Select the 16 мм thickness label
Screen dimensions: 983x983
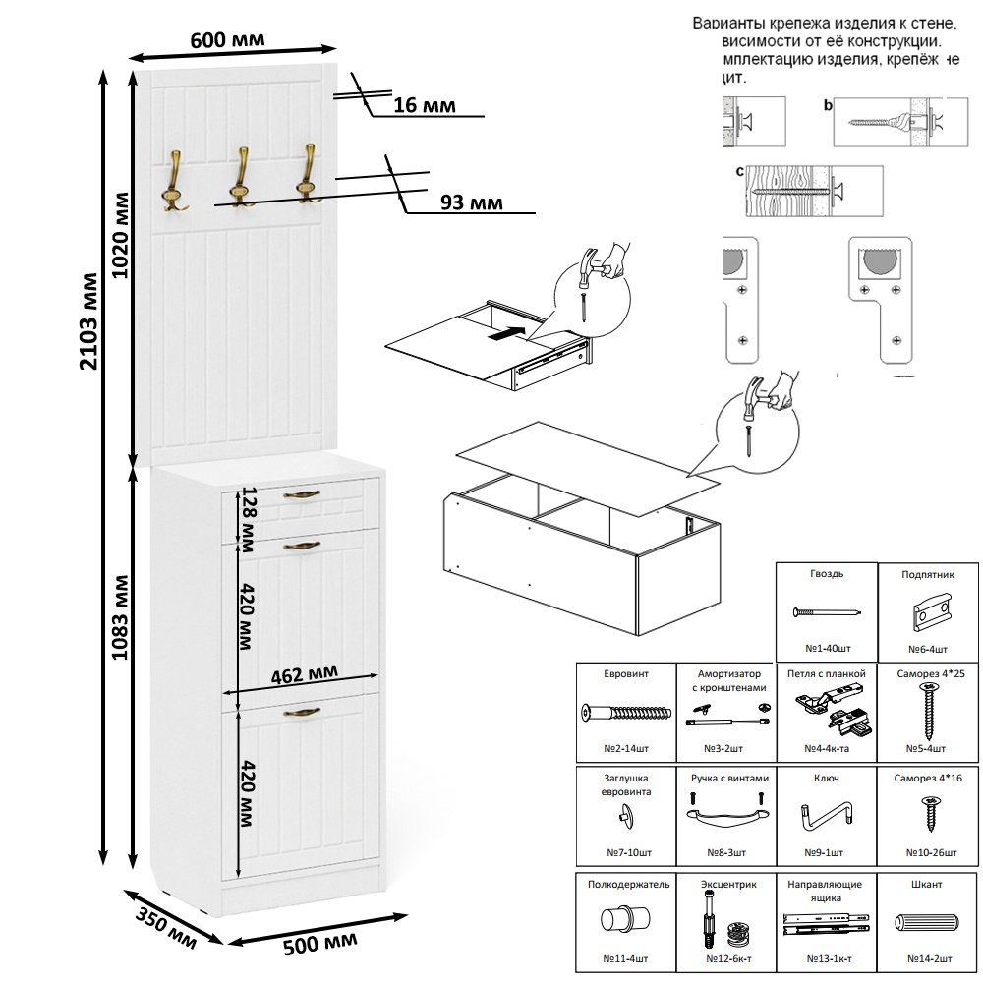(424, 105)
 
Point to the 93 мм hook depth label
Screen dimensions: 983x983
(471, 202)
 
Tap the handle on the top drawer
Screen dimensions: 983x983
(302, 493)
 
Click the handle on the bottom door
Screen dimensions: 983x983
(302, 712)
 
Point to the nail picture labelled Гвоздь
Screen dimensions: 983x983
(827, 612)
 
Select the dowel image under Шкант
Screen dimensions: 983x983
(927, 924)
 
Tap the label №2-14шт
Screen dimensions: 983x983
(626, 748)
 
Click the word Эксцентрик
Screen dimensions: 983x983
(728, 885)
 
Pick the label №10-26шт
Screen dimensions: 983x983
(927, 852)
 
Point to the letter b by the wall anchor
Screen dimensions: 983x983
(828, 105)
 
